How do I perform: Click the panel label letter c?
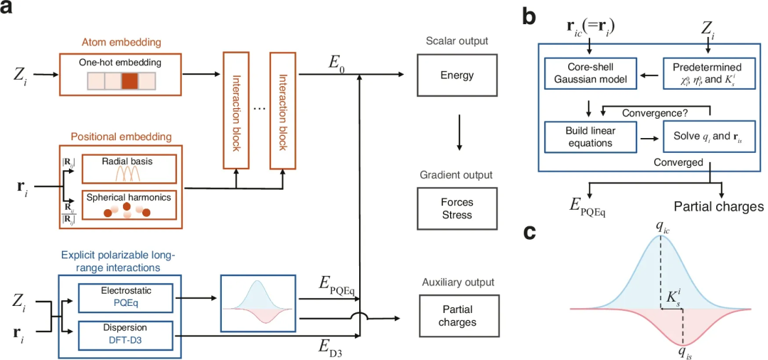[x=528, y=233]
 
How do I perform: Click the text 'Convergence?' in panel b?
[x=652, y=112]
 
